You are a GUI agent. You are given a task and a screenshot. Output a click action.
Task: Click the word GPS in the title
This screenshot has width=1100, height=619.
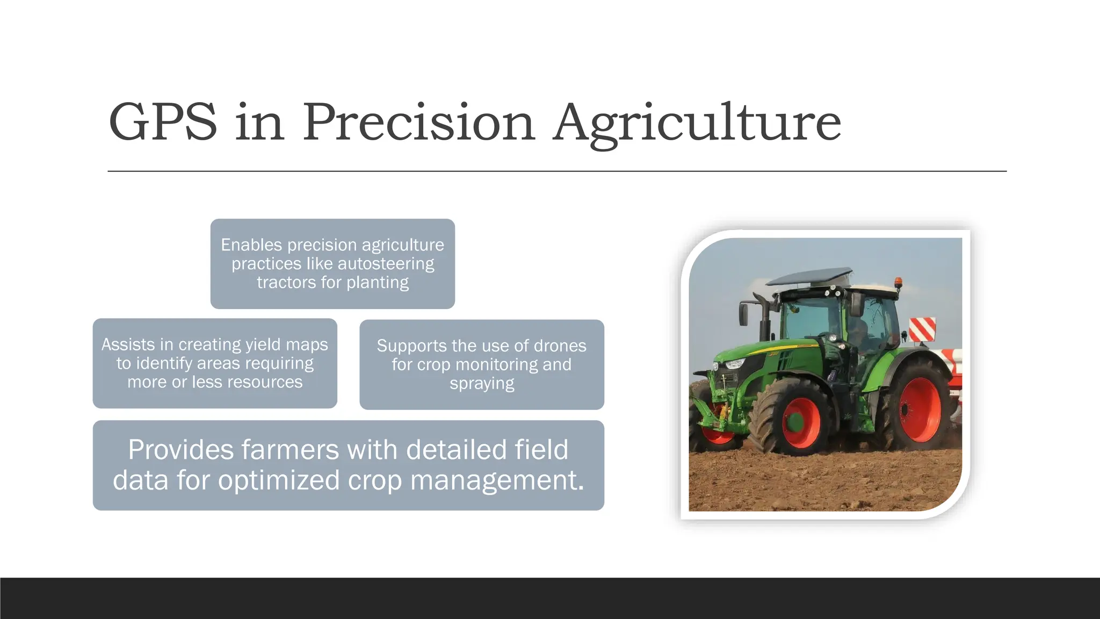point(163,123)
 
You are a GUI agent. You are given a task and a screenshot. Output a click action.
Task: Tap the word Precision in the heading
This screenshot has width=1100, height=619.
point(418,123)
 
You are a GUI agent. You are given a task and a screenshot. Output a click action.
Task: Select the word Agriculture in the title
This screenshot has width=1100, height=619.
point(697,123)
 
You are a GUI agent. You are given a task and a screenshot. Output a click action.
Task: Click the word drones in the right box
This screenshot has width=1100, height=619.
point(560,346)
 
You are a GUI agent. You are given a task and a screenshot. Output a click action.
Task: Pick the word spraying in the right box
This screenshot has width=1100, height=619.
point(482,384)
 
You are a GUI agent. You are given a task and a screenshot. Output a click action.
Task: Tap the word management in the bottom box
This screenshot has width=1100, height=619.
point(497,480)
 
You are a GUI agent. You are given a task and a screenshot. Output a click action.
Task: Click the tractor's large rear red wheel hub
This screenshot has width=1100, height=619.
point(920,409)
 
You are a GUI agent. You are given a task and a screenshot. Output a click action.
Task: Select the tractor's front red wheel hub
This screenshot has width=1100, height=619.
point(801,423)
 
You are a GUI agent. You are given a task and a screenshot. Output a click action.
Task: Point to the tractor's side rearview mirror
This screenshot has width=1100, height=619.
point(744,314)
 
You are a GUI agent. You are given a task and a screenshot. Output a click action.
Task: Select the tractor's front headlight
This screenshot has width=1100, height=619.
point(734,364)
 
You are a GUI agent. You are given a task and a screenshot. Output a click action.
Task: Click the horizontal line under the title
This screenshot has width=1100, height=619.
point(557,171)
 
